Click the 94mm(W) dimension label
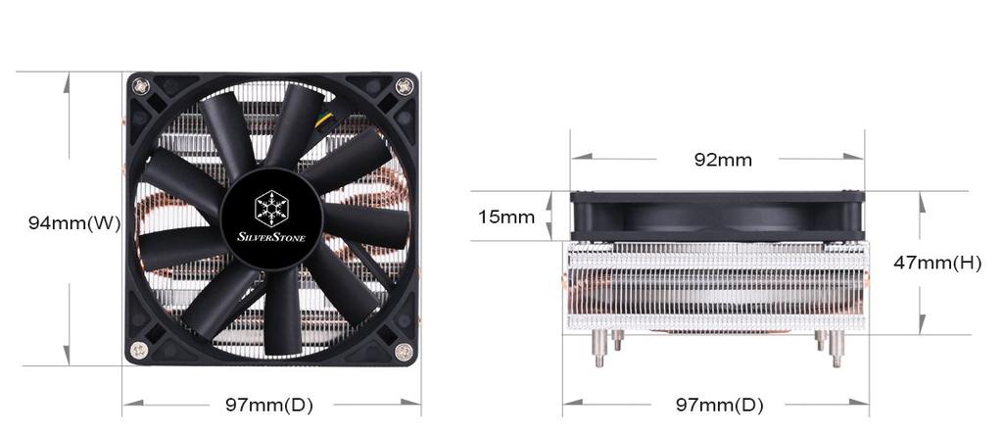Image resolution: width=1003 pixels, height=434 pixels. coord(74,223)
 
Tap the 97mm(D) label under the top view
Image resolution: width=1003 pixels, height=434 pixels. coord(269,405)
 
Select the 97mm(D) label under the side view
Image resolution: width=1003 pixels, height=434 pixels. coord(719,405)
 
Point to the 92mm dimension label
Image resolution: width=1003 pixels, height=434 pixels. coord(723,160)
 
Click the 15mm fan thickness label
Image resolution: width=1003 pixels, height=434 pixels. coord(506,217)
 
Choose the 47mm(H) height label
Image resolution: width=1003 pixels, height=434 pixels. coord(937,263)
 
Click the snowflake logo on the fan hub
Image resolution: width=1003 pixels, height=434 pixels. coord(270,208)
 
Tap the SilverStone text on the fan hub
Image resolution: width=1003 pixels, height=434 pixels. coord(271,236)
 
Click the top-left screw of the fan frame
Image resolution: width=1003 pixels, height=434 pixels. coord(144,86)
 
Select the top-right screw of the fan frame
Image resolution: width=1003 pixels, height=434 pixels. coord(404,87)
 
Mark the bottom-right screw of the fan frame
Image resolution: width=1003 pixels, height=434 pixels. coord(403,351)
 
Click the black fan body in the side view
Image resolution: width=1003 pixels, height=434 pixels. coord(718,217)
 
